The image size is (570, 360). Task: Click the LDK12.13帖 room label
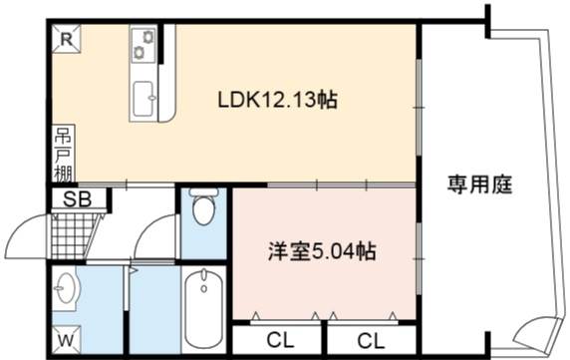[x=278, y=100]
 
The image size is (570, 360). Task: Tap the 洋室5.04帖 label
[x=322, y=251]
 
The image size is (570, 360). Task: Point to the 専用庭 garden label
[x=479, y=184]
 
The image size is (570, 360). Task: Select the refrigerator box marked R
[x=66, y=39]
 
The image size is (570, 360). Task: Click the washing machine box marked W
[x=66, y=340]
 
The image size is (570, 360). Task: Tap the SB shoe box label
[x=77, y=198]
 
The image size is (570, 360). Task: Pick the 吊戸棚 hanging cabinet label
[x=64, y=154]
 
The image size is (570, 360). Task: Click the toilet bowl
[x=204, y=208]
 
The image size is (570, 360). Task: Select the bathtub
[x=203, y=310]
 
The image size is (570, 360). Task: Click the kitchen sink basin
[x=143, y=98]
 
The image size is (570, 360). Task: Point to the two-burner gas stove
[x=143, y=44]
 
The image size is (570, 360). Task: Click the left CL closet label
[x=280, y=340]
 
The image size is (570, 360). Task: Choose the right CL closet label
[x=371, y=341]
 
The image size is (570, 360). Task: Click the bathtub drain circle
[x=204, y=289]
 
